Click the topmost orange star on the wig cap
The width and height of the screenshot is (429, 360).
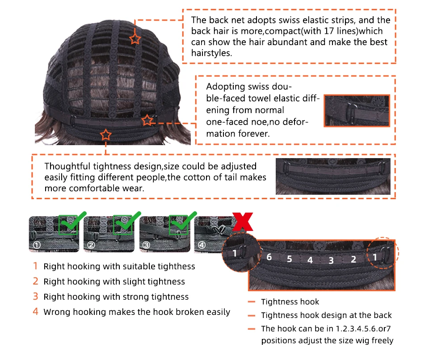click(135, 39)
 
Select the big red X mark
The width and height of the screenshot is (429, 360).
click(243, 222)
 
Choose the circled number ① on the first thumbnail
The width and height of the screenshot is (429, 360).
click(37, 245)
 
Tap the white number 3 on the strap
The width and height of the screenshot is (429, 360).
click(331, 260)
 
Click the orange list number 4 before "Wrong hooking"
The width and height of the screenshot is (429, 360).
click(36, 311)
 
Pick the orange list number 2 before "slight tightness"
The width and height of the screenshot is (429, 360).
click(36, 281)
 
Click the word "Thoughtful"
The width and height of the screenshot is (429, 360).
click(67, 166)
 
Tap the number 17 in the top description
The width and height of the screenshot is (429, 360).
click(328, 31)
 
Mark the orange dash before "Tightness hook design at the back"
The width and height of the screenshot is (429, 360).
click(252, 315)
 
